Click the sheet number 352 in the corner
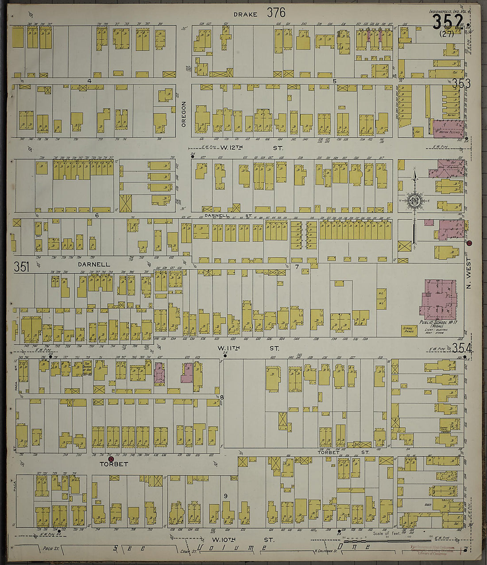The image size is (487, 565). click(448, 21)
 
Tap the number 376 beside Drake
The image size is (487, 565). click(276, 13)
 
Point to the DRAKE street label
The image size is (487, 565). click(245, 14)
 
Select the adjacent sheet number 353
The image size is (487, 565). click(461, 83)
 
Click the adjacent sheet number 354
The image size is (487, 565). click(461, 348)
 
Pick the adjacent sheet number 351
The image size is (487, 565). click(21, 267)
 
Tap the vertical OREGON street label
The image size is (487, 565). click(184, 114)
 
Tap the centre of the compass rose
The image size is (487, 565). click(415, 200)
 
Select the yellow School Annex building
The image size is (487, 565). click(409, 331)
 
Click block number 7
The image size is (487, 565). click(297, 267)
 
